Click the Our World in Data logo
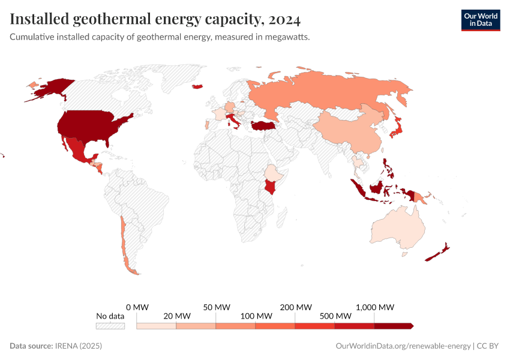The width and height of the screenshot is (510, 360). coord(480,20)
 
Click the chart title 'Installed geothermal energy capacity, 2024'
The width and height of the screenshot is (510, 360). coord(155,19)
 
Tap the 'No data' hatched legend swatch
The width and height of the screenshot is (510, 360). coord(110,326)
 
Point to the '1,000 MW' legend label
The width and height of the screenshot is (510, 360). coord(375,307)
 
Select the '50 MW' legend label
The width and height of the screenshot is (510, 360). coord(217,307)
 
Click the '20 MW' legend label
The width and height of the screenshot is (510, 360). coord(177,316)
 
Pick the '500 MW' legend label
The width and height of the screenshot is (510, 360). coord(335,316)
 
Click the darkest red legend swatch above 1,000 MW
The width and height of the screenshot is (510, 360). coord(394,326)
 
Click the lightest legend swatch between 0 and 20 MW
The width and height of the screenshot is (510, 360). coord(157,326)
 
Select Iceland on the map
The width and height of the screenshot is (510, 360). coord(197,87)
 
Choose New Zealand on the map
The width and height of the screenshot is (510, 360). coord(439,254)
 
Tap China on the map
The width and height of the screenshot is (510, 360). coord(348,129)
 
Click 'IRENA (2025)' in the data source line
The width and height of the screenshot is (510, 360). coord(79,346)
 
